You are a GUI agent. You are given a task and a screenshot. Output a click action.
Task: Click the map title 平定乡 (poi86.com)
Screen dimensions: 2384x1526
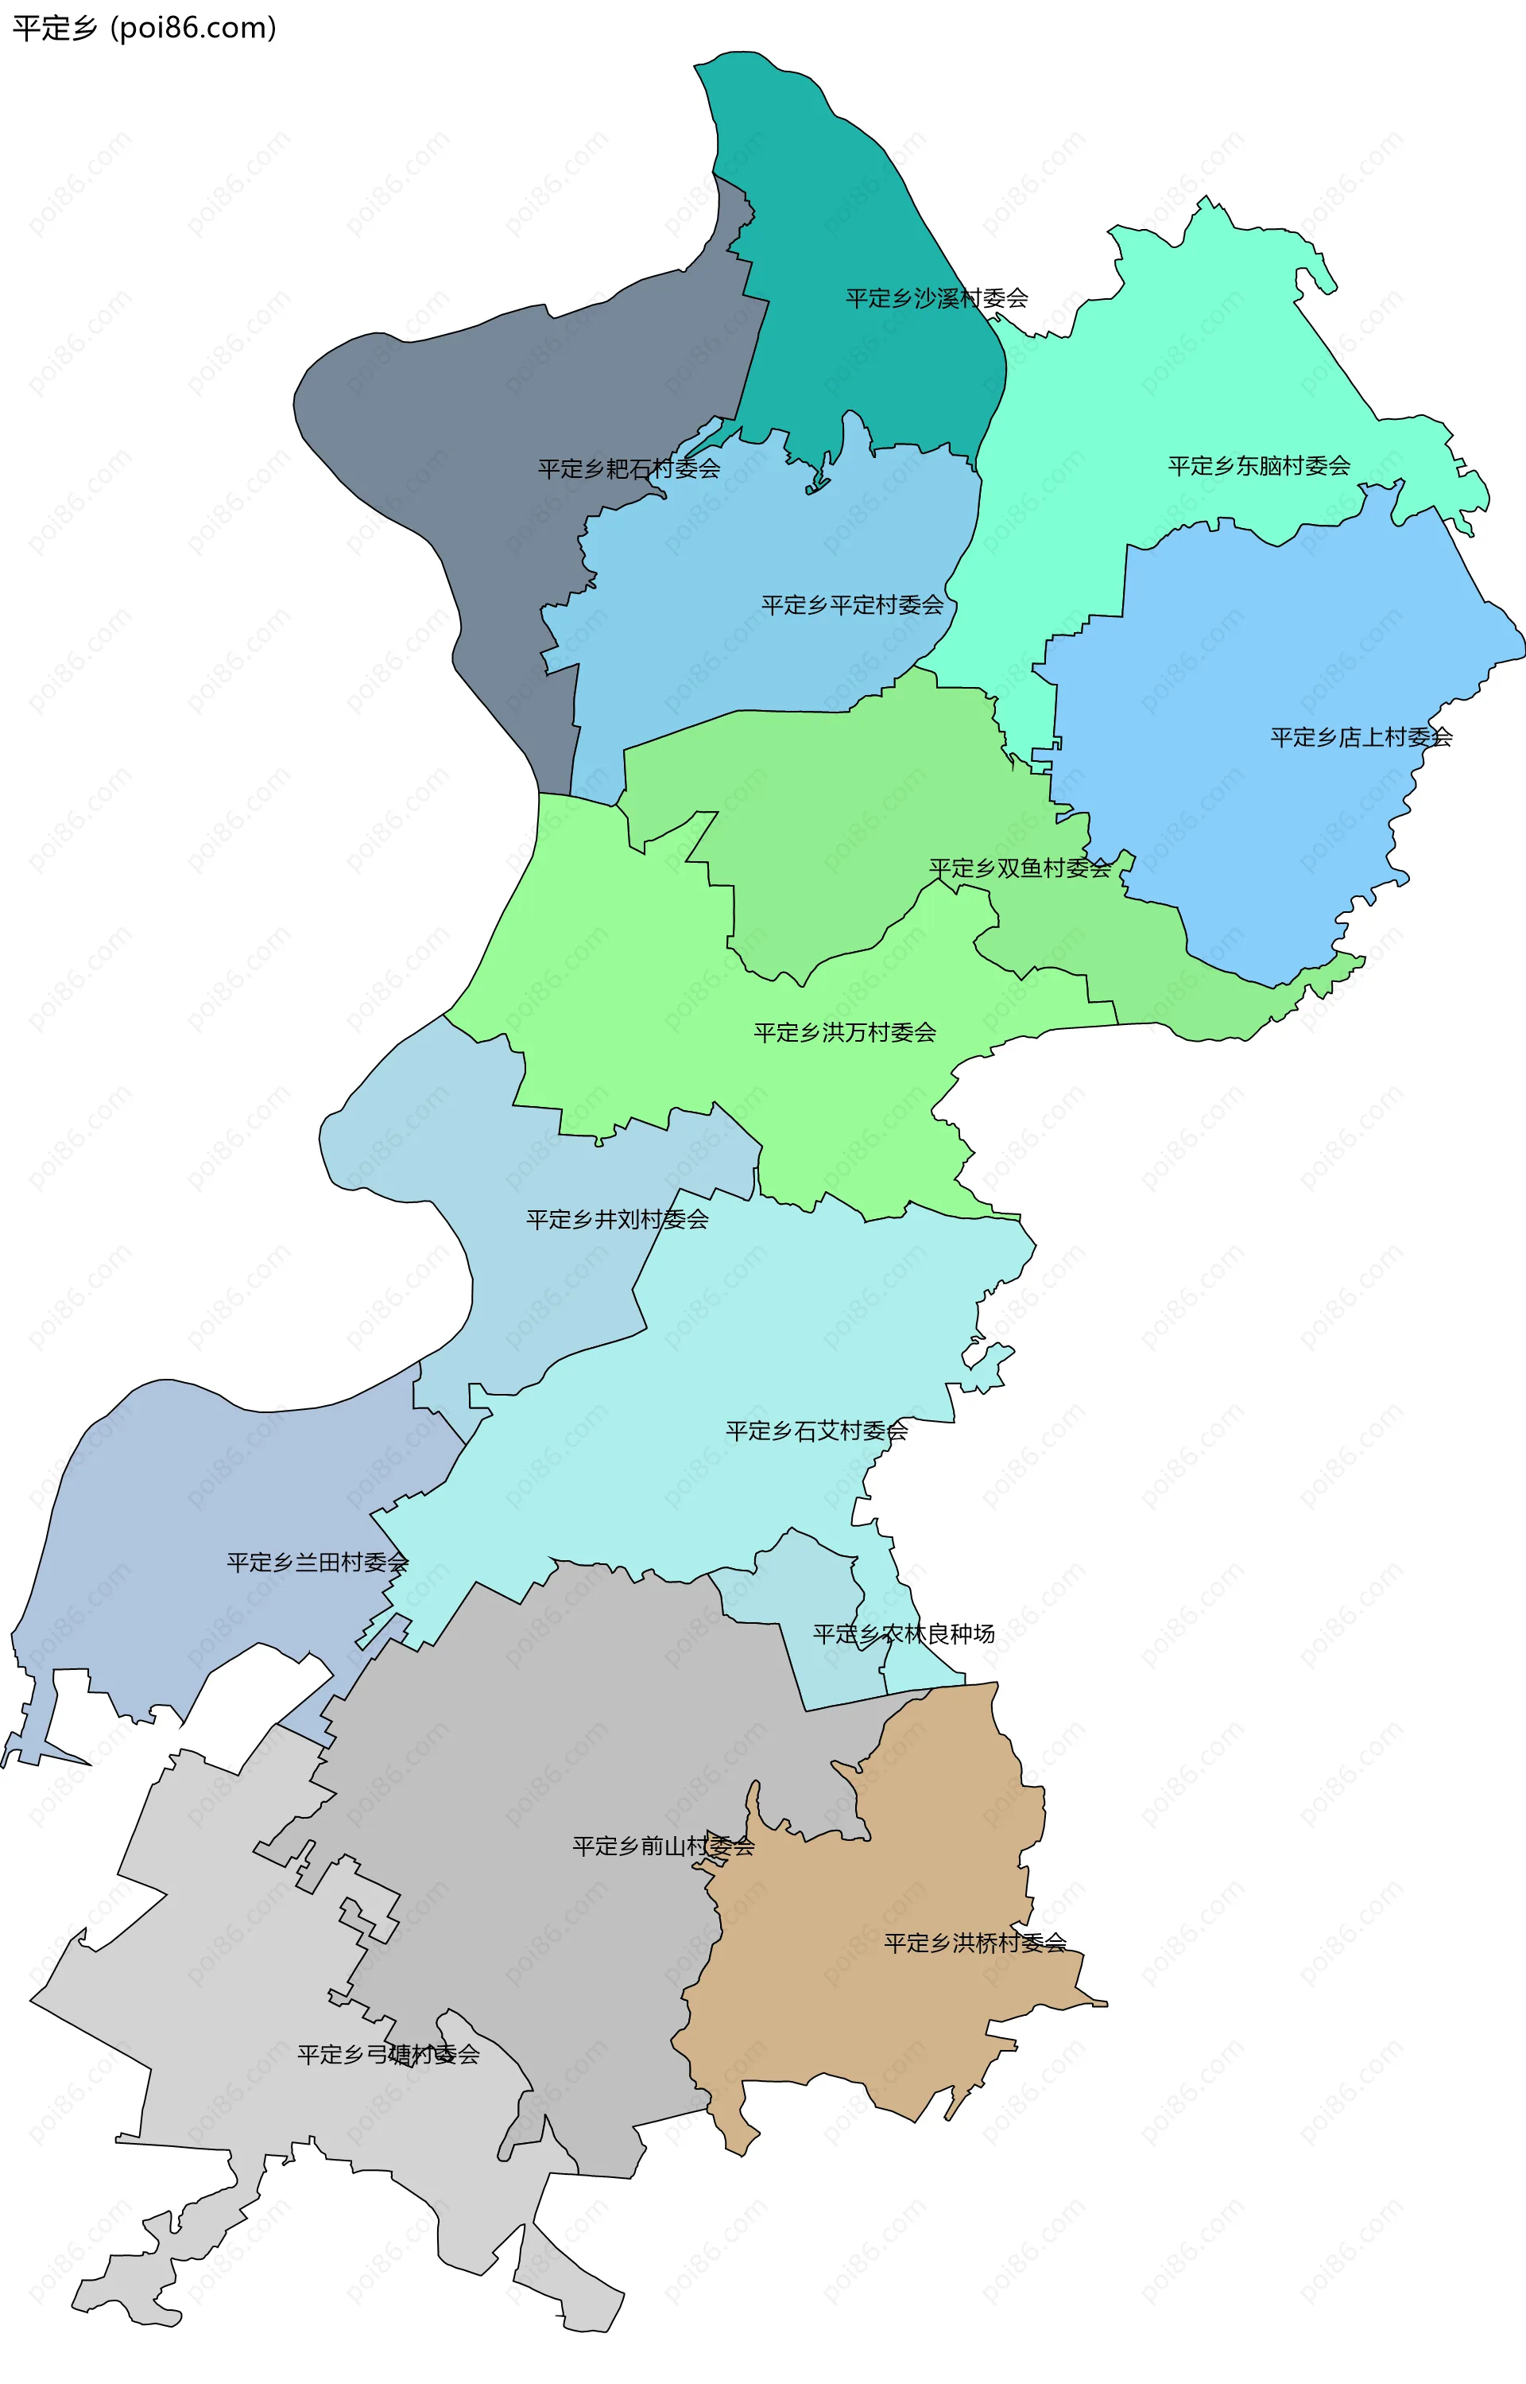(144, 28)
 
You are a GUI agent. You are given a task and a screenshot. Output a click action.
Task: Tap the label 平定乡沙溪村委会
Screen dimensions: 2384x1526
(936, 298)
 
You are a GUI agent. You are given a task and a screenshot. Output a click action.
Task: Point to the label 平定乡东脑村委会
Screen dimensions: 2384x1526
(1258, 466)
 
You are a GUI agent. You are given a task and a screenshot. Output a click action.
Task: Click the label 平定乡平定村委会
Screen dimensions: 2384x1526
(852, 604)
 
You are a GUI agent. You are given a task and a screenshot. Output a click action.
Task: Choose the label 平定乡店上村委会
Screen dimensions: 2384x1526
(1361, 737)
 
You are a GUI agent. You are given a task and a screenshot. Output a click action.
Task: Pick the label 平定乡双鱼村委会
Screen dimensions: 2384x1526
(1020, 868)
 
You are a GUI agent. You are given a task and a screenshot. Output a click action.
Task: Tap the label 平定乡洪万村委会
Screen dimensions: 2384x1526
(844, 1033)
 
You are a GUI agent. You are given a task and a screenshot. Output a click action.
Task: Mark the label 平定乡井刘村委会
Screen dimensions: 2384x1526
(618, 1219)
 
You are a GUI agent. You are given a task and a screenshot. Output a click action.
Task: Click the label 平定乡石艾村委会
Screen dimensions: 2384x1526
(816, 1431)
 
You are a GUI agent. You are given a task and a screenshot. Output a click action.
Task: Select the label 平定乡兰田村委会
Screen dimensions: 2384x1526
(317, 1563)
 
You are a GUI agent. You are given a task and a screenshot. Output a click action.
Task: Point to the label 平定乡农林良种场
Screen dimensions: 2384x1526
(904, 1633)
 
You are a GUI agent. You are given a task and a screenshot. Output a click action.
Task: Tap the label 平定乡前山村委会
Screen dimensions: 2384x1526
(664, 1846)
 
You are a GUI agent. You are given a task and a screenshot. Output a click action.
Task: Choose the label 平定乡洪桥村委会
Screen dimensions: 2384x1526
(975, 1943)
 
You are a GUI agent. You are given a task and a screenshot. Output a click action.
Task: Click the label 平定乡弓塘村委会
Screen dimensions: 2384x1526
(389, 2055)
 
